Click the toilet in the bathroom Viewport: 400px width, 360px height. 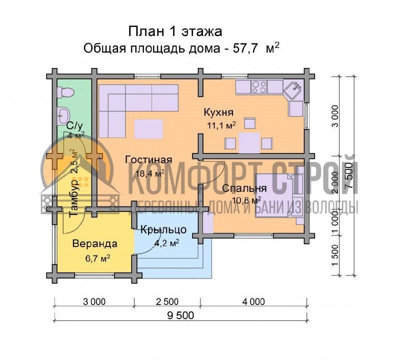(65, 92)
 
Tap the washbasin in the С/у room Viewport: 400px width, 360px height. (63, 116)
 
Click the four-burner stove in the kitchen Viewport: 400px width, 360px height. (259, 86)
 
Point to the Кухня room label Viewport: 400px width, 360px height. (218, 112)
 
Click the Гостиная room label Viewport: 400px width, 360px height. (148, 159)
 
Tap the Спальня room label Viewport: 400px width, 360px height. (244, 188)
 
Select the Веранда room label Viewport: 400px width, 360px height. (95, 243)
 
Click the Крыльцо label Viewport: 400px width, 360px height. (163, 230)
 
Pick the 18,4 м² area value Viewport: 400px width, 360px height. (150, 173)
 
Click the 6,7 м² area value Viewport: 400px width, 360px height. (97, 258)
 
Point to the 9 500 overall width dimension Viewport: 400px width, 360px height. (180, 315)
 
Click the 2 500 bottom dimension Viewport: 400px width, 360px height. (167, 302)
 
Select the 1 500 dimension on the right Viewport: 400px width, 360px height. (335, 255)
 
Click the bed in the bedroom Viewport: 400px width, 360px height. (280, 195)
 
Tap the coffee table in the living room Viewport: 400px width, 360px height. (148, 129)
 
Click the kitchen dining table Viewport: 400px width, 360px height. (249, 143)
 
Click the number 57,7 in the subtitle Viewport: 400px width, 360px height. (245, 48)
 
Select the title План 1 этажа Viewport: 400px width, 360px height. (175, 31)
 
